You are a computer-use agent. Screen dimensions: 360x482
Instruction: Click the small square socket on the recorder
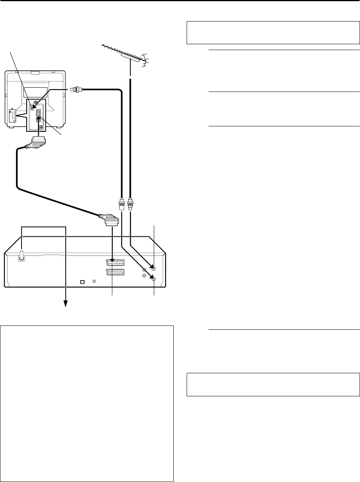82,281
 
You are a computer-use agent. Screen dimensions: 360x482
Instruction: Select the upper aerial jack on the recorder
154,269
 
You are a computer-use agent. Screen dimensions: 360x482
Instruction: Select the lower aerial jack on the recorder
154,279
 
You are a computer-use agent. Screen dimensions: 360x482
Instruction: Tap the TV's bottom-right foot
59,128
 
